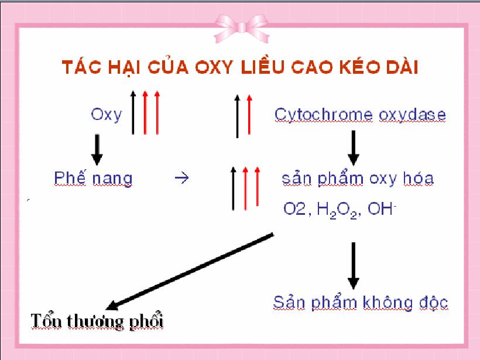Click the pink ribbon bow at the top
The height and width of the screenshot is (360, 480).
pyautogui.click(x=242, y=28)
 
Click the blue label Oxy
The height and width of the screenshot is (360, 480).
pyautogui.click(x=106, y=115)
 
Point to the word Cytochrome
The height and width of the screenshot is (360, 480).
pyautogui.click(x=323, y=115)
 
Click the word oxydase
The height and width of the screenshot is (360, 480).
pyautogui.click(x=412, y=115)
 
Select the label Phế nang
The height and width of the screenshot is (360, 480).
pyautogui.click(x=93, y=178)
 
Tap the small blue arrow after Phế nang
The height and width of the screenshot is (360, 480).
pyautogui.click(x=181, y=178)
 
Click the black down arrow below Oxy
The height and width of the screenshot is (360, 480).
pyautogui.click(x=97, y=150)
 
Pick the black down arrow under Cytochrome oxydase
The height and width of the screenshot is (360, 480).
pyautogui.click(x=353, y=148)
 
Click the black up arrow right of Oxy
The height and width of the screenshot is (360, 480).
pyautogui.click(x=133, y=112)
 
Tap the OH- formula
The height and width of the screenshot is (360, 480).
pyautogui.click(x=382, y=208)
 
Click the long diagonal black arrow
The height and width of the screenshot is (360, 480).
pyautogui.click(x=189, y=272)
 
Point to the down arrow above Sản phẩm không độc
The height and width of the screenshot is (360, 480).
pyautogui.click(x=353, y=266)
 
